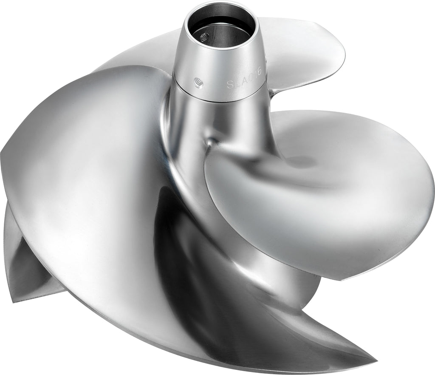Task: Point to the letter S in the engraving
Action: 230,83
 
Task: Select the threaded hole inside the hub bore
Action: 204,37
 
